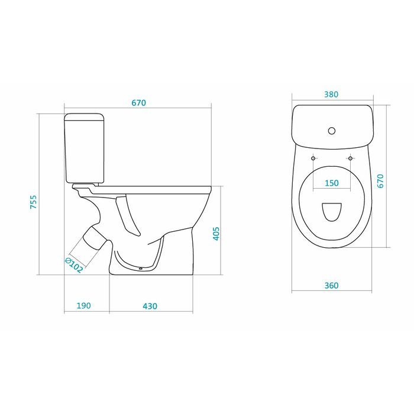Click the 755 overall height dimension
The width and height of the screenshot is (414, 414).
pyautogui.click(x=33, y=202)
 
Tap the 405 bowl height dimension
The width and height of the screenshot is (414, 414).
pyautogui.click(x=216, y=234)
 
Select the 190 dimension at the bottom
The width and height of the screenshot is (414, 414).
pyautogui.click(x=84, y=306)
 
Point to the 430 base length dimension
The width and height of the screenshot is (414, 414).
pyautogui.click(x=150, y=306)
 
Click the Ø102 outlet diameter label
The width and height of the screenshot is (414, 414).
pyautogui.click(x=74, y=265)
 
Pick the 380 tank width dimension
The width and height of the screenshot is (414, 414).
pyautogui.click(x=331, y=94)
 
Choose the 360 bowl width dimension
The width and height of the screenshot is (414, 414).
pyautogui.click(x=331, y=286)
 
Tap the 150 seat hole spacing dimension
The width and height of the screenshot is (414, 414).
pyautogui.click(x=332, y=183)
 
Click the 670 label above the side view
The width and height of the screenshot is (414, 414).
pyautogui.click(x=138, y=103)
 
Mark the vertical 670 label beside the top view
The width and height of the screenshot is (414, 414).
pyautogui.click(x=380, y=181)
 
